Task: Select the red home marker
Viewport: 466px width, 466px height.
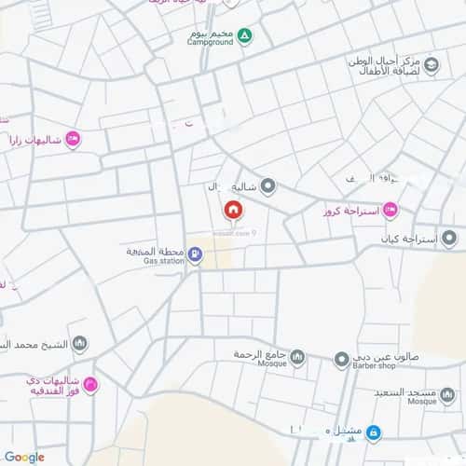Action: click(232, 211)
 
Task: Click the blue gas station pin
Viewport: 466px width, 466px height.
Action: click(194, 253)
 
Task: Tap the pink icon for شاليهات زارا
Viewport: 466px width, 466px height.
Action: click(72, 140)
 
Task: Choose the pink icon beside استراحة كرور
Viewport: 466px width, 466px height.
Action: click(390, 210)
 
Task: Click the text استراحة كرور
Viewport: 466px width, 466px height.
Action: click(351, 211)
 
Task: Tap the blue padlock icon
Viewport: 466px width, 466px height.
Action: click(372, 432)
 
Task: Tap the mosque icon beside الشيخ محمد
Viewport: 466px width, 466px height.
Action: click(80, 344)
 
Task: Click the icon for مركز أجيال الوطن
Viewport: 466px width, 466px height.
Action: click(432, 64)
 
